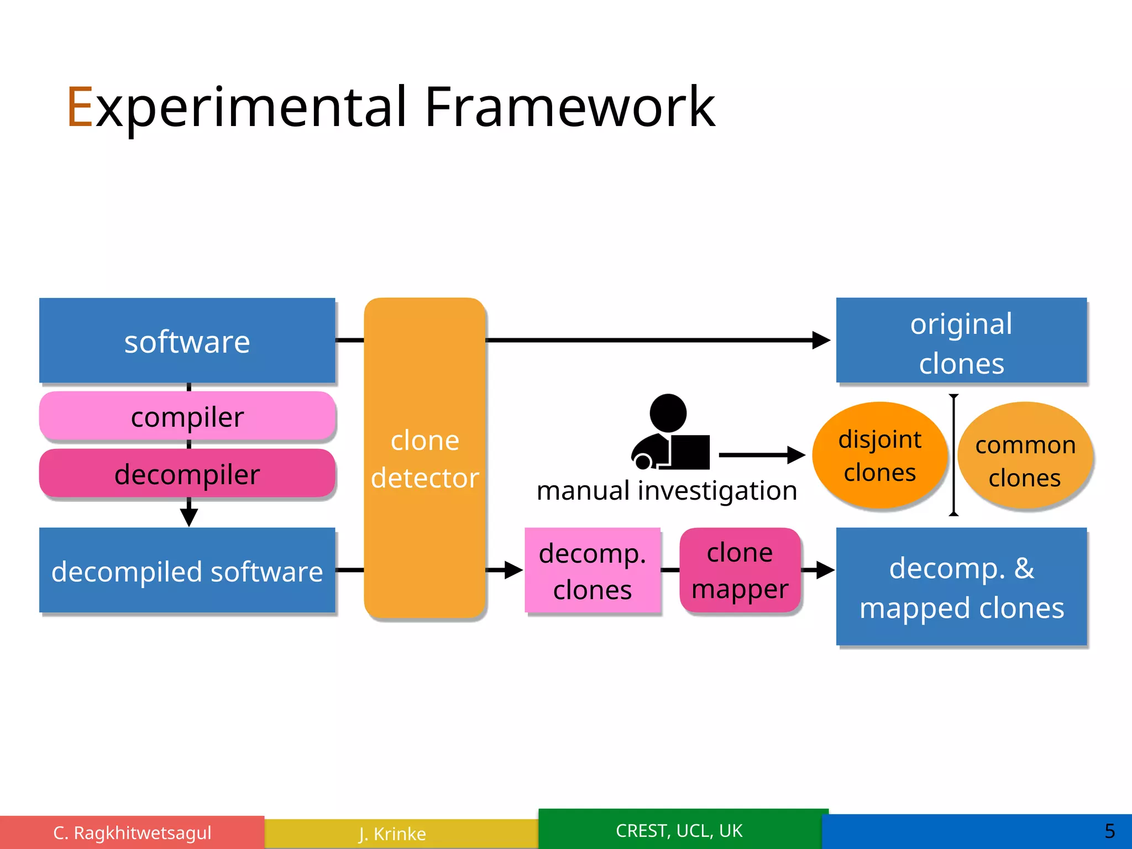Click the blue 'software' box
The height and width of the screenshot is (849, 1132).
pyautogui.click(x=187, y=340)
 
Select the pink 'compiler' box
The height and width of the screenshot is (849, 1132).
pyautogui.click(x=187, y=416)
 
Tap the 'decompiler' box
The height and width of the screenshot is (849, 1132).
pyautogui.click(x=187, y=474)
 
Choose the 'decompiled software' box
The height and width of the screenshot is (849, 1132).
pyautogui.click(x=187, y=570)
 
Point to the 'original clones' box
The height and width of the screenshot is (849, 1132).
pyautogui.click(x=961, y=340)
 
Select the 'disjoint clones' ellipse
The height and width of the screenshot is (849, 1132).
pyautogui.click(x=879, y=455)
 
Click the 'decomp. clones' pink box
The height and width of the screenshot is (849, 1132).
pyautogui.click(x=593, y=570)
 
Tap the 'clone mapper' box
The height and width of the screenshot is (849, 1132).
pyautogui.click(x=740, y=570)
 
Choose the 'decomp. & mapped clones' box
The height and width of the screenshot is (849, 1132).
pyautogui.click(x=961, y=587)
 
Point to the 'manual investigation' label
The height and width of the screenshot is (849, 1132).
pyautogui.click(x=667, y=491)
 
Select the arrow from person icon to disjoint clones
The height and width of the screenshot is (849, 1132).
pyautogui.click(x=762, y=455)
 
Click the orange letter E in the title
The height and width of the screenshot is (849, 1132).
pyautogui.click(x=80, y=107)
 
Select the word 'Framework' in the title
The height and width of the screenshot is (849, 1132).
pyautogui.click(x=569, y=107)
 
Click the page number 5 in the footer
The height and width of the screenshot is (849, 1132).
pyautogui.click(x=1109, y=831)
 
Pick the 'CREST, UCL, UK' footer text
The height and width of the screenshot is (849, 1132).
pyautogui.click(x=679, y=831)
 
